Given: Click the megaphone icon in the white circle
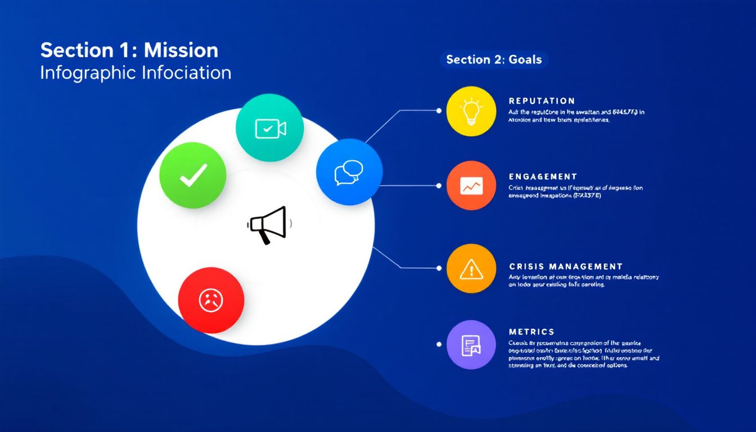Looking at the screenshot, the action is (269, 224).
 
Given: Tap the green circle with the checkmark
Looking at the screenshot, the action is (193, 175).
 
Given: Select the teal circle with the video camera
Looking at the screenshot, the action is (270, 128).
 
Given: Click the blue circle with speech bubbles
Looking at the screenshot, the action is (349, 172).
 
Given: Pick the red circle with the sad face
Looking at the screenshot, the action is (211, 300).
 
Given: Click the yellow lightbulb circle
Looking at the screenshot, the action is (471, 111).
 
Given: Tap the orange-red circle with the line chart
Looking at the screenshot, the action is (471, 186).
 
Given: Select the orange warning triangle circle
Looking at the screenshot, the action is (471, 269).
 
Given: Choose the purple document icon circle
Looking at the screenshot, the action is (471, 345).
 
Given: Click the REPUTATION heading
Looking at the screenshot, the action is (542, 101).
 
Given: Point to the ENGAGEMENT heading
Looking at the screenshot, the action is (543, 177).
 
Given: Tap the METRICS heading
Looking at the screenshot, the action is (532, 332).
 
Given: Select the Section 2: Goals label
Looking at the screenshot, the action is (494, 60).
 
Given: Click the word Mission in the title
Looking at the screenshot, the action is (181, 51).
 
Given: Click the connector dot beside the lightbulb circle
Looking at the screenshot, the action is (439, 110).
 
